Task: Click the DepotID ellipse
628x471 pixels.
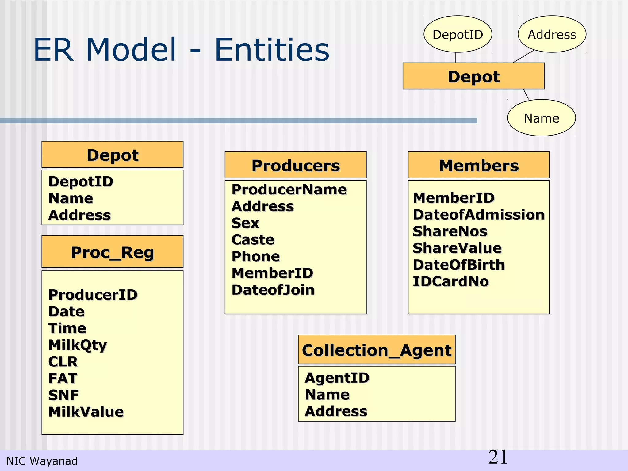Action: [458, 34]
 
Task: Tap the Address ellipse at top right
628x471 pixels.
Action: [552, 34]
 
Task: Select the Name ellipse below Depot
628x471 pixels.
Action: [542, 118]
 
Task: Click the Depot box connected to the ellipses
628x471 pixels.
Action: [473, 76]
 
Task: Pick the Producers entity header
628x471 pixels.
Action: [296, 165]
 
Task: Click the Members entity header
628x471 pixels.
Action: [479, 165]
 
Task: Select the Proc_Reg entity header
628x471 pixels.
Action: [112, 252]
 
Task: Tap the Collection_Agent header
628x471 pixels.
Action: [377, 350]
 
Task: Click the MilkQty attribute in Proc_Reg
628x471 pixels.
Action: [78, 345]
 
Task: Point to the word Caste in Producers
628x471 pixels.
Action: [253, 239]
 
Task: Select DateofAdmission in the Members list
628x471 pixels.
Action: [479, 214]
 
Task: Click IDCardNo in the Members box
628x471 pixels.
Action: [451, 281]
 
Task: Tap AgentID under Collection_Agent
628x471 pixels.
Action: [337, 377]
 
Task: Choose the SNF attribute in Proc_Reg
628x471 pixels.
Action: [63, 395]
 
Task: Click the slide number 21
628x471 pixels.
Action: [498, 457]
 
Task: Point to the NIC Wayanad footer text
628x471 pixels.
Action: [42, 461]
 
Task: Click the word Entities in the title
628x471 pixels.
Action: [272, 50]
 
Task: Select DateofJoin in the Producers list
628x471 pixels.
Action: [273, 290]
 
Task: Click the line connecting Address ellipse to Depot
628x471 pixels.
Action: [523, 56]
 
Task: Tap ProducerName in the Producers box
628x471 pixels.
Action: [289, 190]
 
